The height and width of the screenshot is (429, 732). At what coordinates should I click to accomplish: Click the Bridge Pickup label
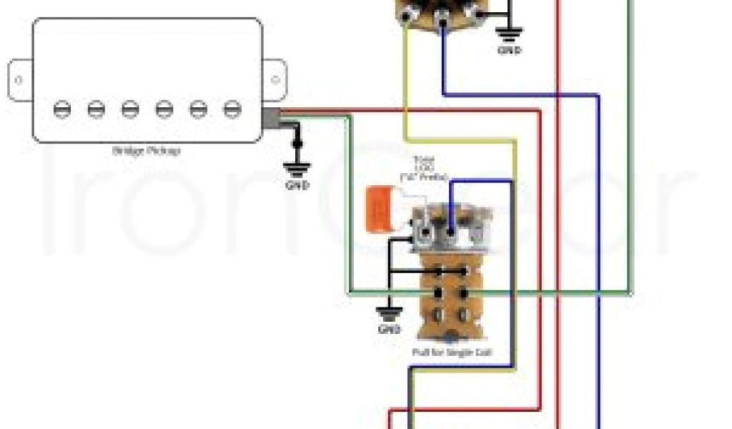(146, 151)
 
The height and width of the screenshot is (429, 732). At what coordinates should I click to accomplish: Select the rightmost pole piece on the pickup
(232, 109)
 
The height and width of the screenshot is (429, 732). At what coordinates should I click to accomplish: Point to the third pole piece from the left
(129, 109)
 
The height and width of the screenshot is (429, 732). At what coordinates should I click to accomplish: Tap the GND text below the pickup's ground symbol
(297, 186)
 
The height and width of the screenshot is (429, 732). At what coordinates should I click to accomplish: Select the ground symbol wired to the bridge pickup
(297, 169)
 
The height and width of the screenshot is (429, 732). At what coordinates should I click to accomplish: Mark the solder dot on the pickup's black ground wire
(297, 144)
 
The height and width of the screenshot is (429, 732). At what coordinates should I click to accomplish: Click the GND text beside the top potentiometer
(510, 51)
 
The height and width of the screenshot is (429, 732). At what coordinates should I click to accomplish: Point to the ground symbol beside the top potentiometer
(510, 34)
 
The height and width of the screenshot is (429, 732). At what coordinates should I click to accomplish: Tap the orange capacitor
(377, 209)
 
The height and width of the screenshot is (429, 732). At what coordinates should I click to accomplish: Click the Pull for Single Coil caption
(452, 352)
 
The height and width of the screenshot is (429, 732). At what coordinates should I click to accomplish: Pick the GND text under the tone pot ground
(389, 330)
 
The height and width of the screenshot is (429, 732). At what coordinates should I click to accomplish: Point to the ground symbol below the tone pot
(389, 312)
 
